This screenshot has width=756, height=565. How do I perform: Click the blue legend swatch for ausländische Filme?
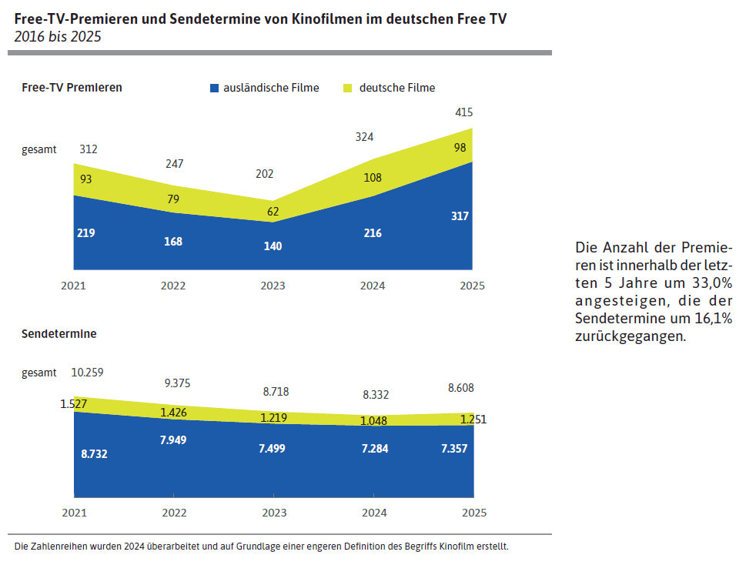[214, 89]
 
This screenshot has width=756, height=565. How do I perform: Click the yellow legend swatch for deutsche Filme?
[347, 89]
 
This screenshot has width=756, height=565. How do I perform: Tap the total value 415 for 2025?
[463, 112]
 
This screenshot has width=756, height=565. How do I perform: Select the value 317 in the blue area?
[460, 216]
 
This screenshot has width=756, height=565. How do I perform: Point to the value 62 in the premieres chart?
[273, 212]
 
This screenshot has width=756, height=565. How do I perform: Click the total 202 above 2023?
[264, 174]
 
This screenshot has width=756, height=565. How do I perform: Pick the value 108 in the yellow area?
[372, 178]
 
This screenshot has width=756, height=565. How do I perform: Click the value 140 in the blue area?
[273, 246]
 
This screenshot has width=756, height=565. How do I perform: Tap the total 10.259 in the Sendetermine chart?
[87, 373]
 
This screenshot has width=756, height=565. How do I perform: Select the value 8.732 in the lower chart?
[94, 454]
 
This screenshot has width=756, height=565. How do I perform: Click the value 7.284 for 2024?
[374, 448]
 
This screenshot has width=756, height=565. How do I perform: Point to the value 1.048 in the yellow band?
[374, 420]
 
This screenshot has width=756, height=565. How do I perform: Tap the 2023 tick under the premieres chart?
[273, 286]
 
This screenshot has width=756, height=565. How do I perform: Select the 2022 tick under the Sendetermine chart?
[174, 513]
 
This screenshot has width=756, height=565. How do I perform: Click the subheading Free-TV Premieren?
[72, 88]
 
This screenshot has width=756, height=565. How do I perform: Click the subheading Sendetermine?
[59, 334]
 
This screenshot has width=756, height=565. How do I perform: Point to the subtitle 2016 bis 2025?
[57, 36]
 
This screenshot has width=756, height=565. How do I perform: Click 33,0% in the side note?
[712, 282]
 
